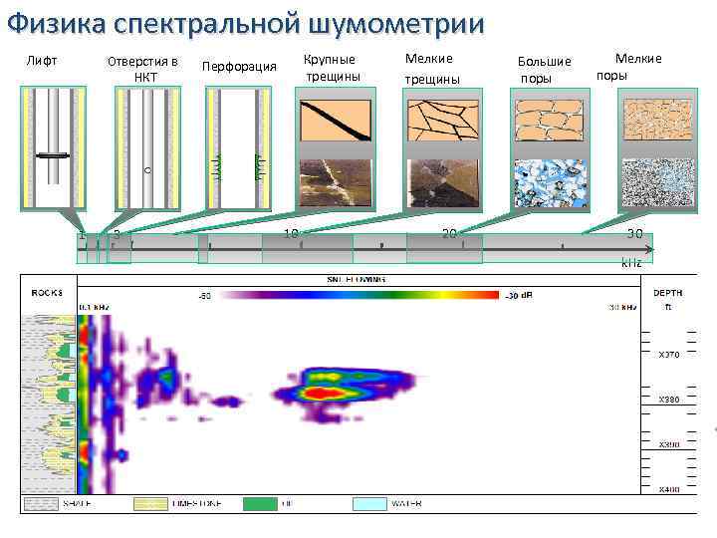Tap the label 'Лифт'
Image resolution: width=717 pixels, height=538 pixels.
tap(41, 62)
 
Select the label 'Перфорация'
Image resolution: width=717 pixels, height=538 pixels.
tap(239, 67)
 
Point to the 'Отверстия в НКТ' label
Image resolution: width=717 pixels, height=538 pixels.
tap(143, 69)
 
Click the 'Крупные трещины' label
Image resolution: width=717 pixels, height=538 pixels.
tap(331, 68)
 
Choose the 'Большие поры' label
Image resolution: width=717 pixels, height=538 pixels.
tap(545, 70)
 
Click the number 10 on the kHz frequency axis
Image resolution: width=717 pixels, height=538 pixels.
tap(291, 234)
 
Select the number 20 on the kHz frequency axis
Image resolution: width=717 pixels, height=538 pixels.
tap(449, 234)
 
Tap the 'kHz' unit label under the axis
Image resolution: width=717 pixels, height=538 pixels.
tap(631, 261)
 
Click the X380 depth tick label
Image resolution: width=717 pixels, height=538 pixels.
tap(668, 399)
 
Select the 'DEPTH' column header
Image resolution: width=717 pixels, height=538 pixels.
tap(667, 293)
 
